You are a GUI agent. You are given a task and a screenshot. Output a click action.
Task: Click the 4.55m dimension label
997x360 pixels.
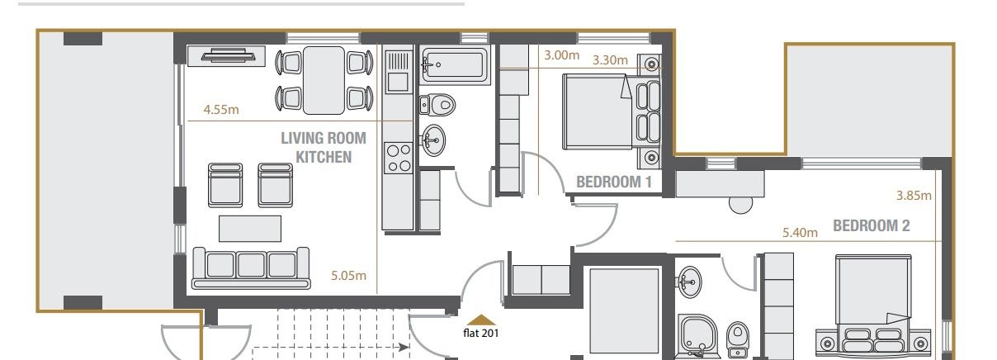(x=221, y=109)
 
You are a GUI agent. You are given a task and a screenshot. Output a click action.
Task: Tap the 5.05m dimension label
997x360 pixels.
(x=347, y=276)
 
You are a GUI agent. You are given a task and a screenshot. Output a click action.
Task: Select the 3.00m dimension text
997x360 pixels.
(x=561, y=56)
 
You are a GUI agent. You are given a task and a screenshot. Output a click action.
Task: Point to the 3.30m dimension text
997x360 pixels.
(x=610, y=59)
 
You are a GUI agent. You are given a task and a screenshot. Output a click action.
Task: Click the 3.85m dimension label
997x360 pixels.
(x=914, y=196)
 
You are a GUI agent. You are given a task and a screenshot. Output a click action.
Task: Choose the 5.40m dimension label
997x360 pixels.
(x=800, y=233)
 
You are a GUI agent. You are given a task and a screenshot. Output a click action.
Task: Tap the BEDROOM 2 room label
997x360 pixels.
(x=871, y=225)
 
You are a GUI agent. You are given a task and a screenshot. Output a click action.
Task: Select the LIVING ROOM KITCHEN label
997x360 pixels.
(x=324, y=147)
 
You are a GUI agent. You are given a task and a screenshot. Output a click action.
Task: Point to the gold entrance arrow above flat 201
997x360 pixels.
(x=481, y=319)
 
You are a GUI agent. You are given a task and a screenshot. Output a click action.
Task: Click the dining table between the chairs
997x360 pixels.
(x=324, y=79)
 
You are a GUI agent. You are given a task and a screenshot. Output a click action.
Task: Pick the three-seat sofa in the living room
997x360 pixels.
(x=250, y=266)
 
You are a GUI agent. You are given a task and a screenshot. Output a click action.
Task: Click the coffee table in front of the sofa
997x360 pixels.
(x=249, y=227)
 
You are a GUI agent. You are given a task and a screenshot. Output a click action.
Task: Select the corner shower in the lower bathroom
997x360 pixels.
(x=699, y=338)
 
